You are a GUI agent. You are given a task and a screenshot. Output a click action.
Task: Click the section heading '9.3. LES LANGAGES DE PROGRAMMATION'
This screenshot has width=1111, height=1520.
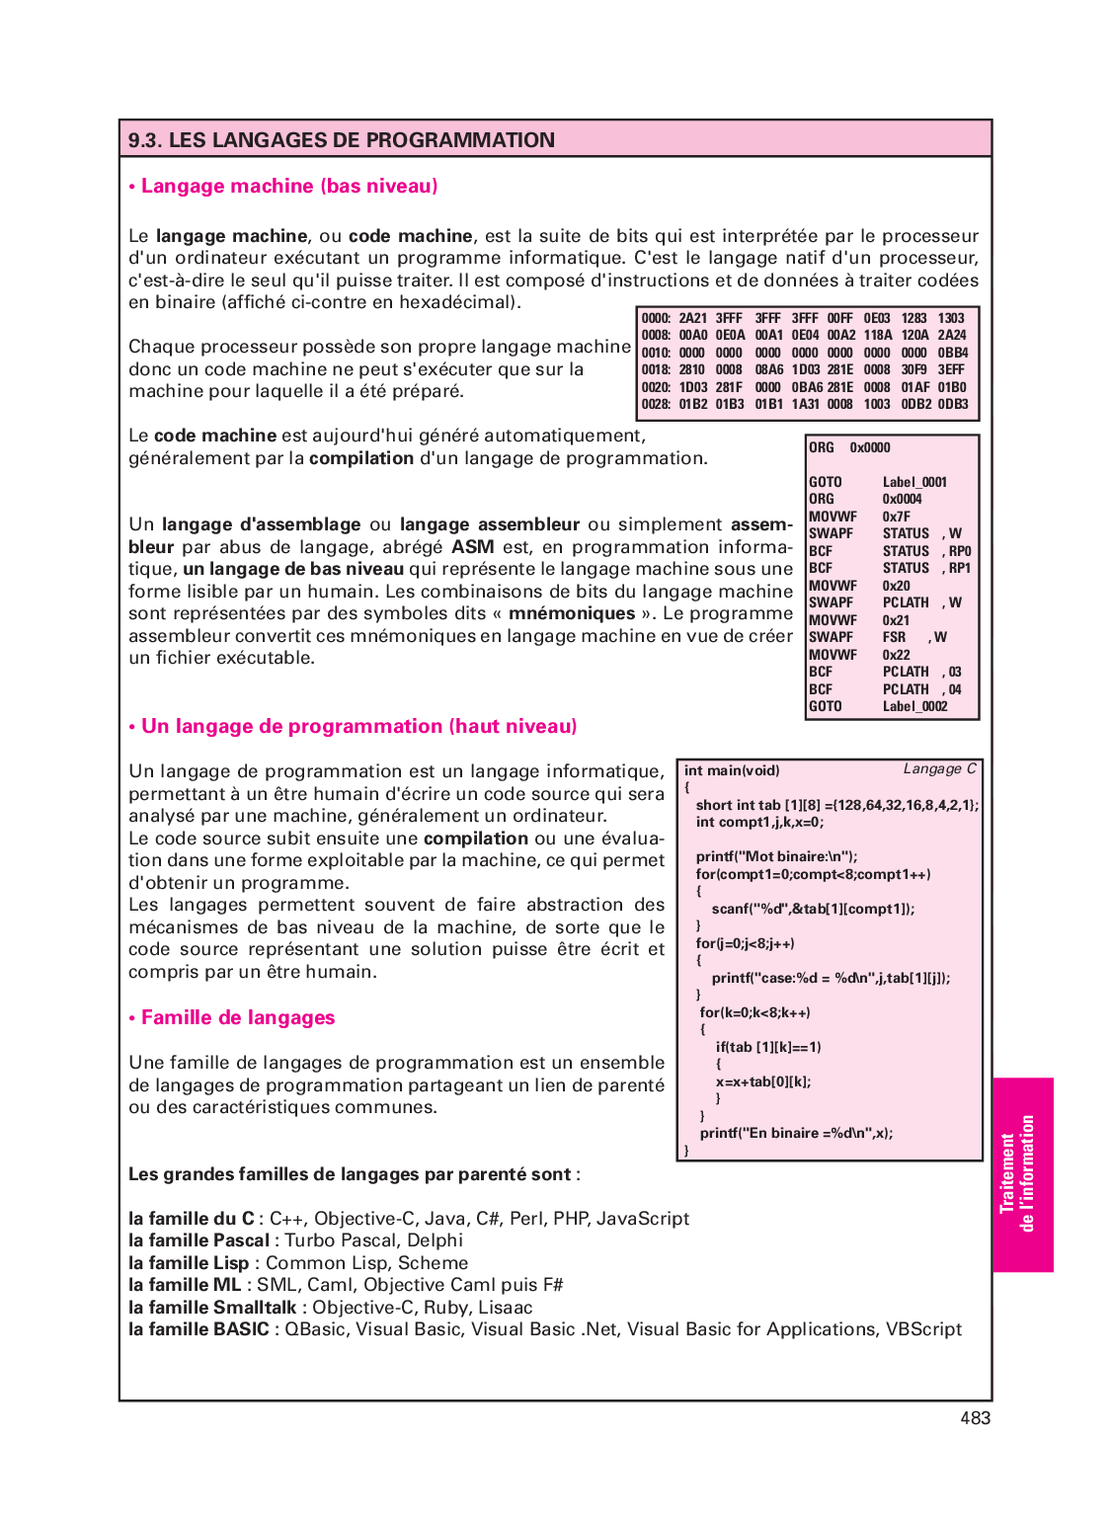pyautogui.click(x=342, y=140)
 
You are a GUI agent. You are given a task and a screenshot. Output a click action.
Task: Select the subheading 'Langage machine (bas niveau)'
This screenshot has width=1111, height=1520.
pyautogui.click(x=288, y=187)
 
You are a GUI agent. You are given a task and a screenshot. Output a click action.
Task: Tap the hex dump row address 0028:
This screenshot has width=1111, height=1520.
pyautogui.click(x=656, y=404)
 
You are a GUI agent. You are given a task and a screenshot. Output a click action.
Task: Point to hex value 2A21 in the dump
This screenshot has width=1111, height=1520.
pyautogui.click(x=692, y=318)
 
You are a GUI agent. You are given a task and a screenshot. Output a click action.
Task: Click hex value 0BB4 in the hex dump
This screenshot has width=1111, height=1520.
pyautogui.click(x=953, y=353)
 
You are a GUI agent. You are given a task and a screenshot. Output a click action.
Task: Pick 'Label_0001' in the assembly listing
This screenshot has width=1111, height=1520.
pyautogui.click(x=914, y=482)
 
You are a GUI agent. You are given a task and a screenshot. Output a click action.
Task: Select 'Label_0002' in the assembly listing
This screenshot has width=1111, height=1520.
pyautogui.click(x=914, y=706)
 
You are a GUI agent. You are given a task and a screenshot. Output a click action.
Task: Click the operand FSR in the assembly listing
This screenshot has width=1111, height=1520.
pyautogui.click(x=894, y=637)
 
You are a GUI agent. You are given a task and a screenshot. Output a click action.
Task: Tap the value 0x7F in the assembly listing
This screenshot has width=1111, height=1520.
pyautogui.click(x=896, y=517)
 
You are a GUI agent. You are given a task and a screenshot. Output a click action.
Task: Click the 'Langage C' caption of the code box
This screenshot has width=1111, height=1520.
pyautogui.click(x=939, y=769)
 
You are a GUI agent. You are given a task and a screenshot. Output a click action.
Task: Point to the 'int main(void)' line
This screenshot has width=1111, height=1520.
pyautogui.click(x=732, y=771)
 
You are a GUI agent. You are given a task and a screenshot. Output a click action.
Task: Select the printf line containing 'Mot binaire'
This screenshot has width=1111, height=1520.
pyautogui.click(x=776, y=856)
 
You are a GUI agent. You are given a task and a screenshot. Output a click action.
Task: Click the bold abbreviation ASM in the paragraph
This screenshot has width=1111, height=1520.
pyautogui.click(x=472, y=547)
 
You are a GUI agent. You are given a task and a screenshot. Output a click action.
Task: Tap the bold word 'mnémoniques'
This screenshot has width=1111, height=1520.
pyautogui.click(x=571, y=613)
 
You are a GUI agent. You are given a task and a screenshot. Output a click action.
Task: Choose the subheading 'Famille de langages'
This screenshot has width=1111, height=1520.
pyautogui.click(x=237, y=1018)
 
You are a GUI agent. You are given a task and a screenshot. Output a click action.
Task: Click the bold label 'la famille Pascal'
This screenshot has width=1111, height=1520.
pyautogui.click(x=198, y=1240)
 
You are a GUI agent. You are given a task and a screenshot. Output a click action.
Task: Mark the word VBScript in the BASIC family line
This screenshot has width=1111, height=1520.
pyautogui.click(x=923, y=1329)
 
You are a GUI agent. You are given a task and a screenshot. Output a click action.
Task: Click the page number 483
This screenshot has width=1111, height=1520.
pyautogui.click(x=975, y=1418)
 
